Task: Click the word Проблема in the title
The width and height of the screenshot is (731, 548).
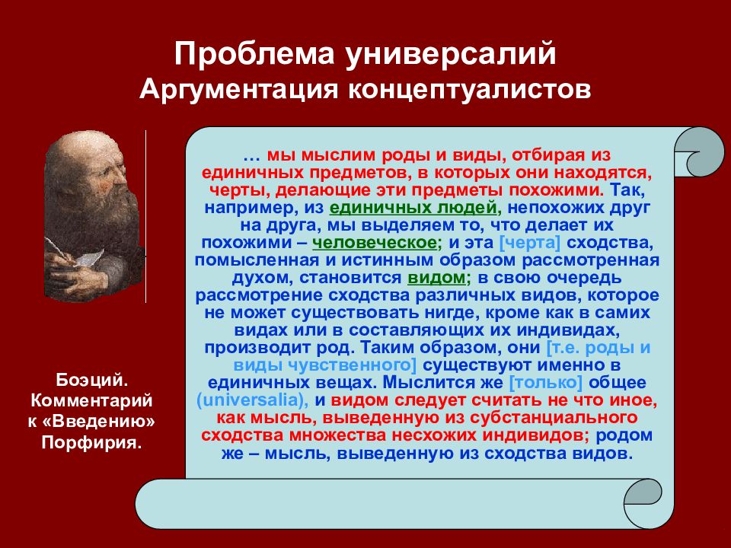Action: coord(254,54)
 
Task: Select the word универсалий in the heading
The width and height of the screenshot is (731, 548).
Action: coord(452,55)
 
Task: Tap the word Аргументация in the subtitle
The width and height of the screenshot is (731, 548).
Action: coord(238,90)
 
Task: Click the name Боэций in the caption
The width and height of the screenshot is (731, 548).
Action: coord(92,381)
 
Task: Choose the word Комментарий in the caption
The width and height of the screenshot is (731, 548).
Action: coord(91,401)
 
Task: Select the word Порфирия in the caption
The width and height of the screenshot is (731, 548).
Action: coord(91,441)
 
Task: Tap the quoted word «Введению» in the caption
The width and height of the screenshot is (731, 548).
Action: coord(104,421)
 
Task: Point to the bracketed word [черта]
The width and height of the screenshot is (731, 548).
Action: coord(530,243)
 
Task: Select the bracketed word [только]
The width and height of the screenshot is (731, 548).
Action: coord(546,383)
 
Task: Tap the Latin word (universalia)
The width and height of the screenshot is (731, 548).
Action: coord(253,400)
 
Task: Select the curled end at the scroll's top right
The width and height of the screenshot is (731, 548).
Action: coord(699,152)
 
